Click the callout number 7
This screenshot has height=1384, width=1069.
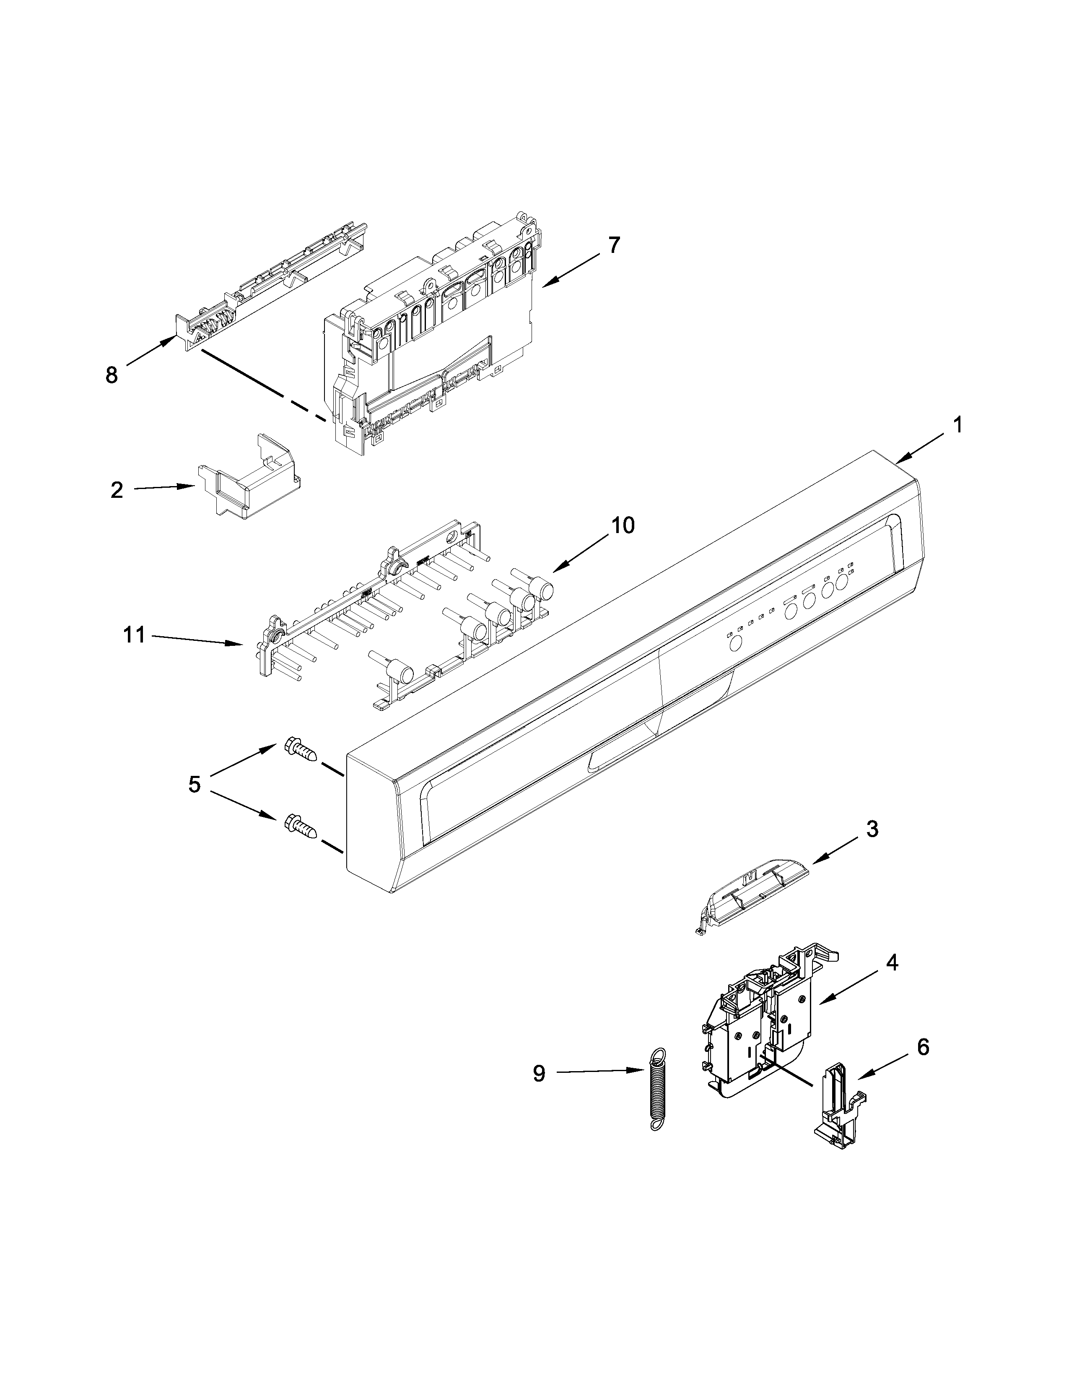point(614,245)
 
